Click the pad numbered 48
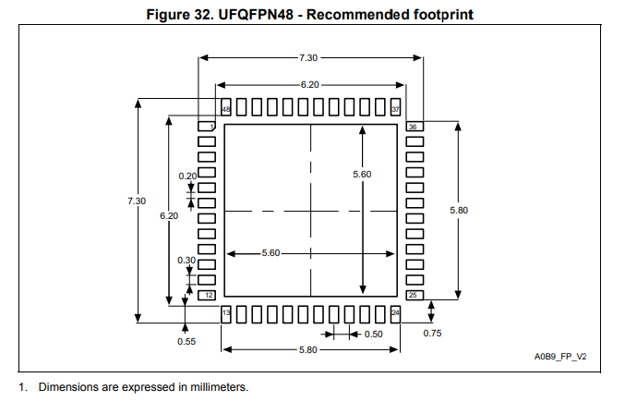(225, 107)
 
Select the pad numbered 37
(395, 107)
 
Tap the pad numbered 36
(414, 126)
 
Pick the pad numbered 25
(414, 295)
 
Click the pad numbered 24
(395, 314)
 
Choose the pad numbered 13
(225, 314)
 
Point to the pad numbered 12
(208, 295)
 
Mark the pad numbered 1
(208, 126)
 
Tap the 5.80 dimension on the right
(459, 211)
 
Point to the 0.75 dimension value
(431, 333)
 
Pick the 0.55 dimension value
(186, 341)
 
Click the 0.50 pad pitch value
(373, 335)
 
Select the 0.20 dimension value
(187, 176)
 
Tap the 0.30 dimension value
(186, 261)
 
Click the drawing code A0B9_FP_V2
(559, 357)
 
